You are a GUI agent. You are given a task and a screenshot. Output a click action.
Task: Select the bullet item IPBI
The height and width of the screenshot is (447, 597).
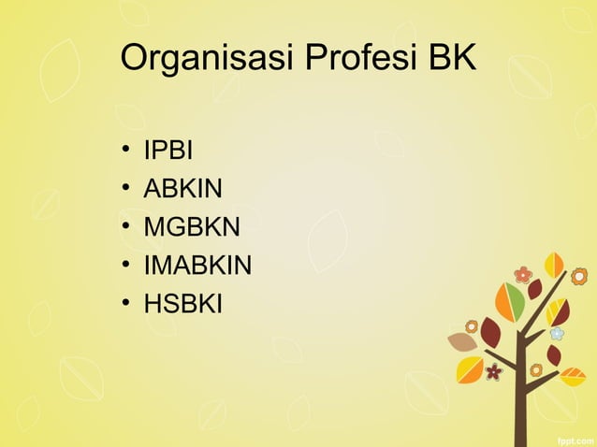[167, 151]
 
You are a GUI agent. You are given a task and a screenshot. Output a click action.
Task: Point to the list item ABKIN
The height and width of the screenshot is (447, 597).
[182, 189]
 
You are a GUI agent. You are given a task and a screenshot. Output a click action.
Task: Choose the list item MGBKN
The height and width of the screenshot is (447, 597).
[192, 227]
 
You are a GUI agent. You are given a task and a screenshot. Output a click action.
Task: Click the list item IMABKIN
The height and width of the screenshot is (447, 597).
[197, 266]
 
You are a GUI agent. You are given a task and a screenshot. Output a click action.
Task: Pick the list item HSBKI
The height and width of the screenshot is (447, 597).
[182, 304]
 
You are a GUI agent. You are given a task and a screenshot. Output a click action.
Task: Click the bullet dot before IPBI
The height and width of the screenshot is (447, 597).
[125, 151]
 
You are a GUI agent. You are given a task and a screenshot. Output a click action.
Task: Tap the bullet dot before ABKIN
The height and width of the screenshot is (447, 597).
[125, 190]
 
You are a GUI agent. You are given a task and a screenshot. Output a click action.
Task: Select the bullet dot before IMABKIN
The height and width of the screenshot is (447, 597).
[125, 267]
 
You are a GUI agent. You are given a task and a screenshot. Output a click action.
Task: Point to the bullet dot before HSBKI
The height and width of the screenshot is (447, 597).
[125, 305]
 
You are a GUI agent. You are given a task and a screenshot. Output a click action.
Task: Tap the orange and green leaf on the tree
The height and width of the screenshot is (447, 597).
[510, 302]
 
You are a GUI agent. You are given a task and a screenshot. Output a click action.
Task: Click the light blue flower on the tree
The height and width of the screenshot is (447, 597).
[557, 333]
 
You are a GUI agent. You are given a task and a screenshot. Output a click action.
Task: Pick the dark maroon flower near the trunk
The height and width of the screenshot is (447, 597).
[494, 372]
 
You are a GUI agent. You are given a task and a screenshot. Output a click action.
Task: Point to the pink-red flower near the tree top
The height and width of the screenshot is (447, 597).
[523, 275]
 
